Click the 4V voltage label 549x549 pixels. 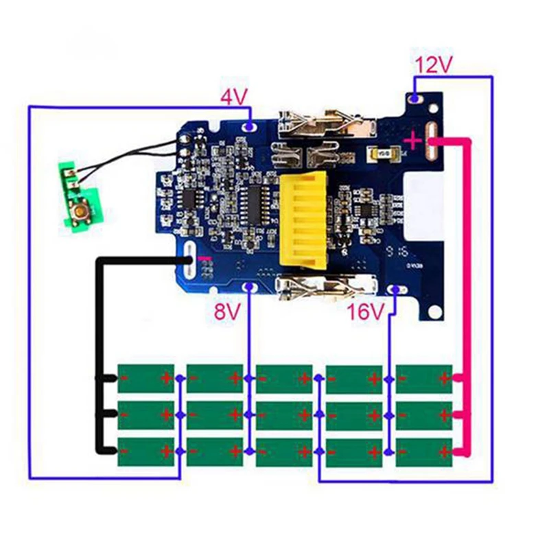[x=233, y=97]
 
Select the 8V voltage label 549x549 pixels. [x=228, y=313]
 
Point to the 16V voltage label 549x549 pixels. [x=364, y=313]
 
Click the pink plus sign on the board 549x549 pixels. [x=412, y=141]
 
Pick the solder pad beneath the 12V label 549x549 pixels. [x=415, y=98]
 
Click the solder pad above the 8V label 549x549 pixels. [x=248, y=288]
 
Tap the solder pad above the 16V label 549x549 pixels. [x=395, y=290]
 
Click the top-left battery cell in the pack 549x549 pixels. [x=145, y=377]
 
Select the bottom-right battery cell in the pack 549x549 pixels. [x=424, y=451]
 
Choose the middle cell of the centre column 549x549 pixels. [x=284, y=414]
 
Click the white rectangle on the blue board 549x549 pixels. [x=425, y=199]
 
